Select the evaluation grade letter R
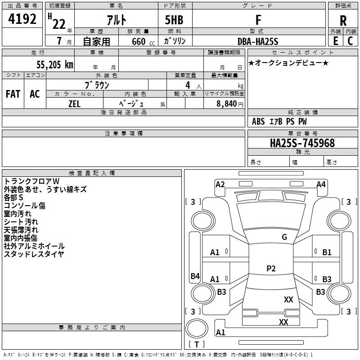(x=343, y=20)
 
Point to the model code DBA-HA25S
(x=258, y=41)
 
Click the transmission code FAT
(x=13, y=94)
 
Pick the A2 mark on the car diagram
(x=220, y=184)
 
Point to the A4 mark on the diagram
(x=321, y=184)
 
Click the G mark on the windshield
(x=284, y=237)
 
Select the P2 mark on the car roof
(x=271, y=269)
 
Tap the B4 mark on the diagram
(x=195, y=276)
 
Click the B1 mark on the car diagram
(x=327, y=252)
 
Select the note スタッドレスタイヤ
(x=34, y=254)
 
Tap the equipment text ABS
(x=258, y=121)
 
